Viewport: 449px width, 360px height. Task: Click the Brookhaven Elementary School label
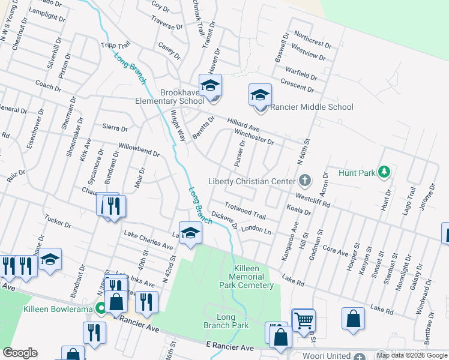[182, 97]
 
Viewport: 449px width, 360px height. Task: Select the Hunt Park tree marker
[384, 173]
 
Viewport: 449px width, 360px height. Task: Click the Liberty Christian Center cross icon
[305, 181]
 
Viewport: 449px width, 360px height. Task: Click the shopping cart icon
[304, 320]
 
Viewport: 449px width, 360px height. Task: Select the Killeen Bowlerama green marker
[102, 309]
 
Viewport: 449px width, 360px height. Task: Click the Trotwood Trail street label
[245, 210]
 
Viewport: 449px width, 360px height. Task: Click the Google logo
[20, 353]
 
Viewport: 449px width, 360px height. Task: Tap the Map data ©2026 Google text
[412, 355]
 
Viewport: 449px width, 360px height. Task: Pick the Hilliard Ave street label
[243, 124]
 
